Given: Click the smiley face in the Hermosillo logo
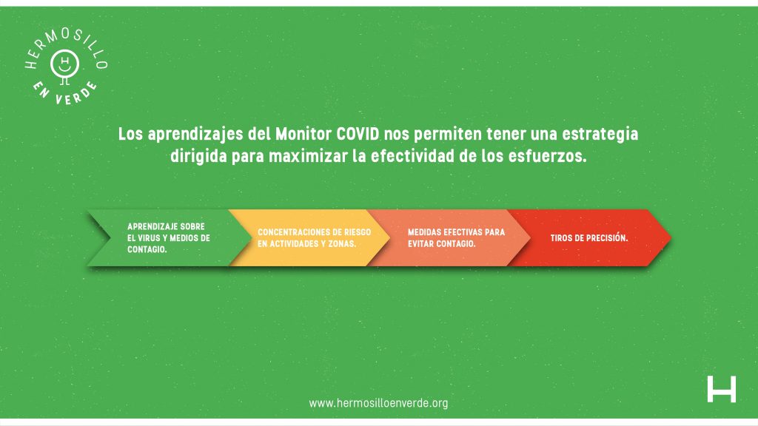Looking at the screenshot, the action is (x=65, y=64).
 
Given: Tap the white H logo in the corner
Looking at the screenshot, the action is (x=721, y=389).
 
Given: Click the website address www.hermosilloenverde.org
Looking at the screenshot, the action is (x=378, y=403).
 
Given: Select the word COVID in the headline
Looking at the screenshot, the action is (x=358, y=134).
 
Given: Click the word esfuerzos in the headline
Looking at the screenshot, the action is (x=547, y=156).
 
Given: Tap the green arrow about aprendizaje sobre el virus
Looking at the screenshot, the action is (x=170, y=237).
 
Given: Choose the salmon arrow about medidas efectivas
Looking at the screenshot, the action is (x=449, y=237).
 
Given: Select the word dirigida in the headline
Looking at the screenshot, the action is (x=198, y=157).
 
